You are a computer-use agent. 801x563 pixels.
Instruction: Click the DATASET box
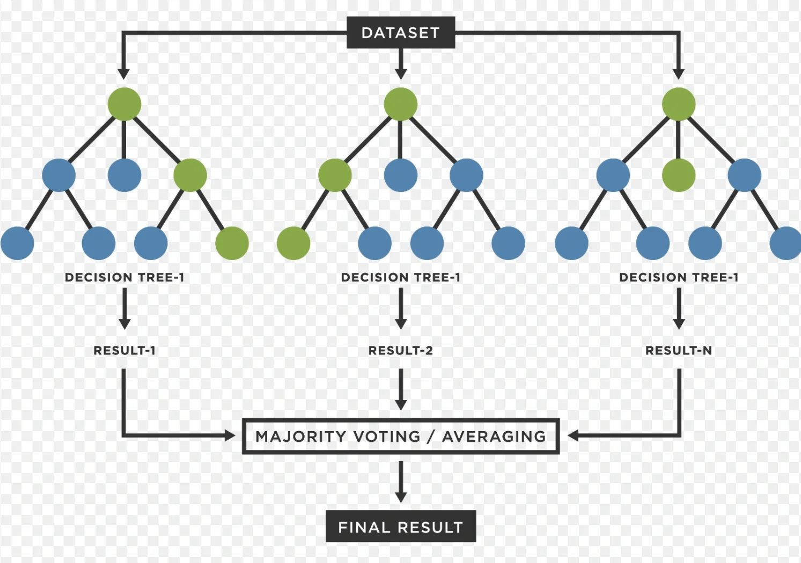401,33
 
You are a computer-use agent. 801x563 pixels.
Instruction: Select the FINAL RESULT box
400,527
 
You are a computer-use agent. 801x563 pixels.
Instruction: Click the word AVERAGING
494,436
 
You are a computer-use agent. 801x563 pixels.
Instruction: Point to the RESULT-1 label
124,351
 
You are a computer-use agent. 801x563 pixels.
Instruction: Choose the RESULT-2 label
400,351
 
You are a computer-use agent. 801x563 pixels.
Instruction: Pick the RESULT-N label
679,351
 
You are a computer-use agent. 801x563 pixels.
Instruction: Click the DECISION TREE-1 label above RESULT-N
679,278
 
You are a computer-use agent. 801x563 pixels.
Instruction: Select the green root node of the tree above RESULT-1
124,104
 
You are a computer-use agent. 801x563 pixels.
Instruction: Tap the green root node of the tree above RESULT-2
401,104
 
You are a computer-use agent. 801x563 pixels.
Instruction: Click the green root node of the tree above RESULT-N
679,104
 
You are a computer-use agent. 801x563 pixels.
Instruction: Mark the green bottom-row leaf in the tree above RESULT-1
232,243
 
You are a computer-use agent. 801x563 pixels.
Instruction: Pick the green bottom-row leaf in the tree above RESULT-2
293,243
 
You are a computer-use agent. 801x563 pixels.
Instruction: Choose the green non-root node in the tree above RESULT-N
679,175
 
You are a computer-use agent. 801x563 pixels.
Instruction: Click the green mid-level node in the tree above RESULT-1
190,175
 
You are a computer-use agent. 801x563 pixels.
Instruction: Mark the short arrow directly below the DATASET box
401,64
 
